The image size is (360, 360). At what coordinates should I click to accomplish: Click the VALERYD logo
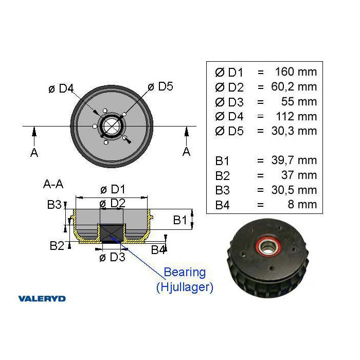tap(42, 298)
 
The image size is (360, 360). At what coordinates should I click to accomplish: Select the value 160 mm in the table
tap(296, 71)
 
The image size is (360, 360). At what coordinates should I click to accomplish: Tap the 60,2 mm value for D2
tap(294, 86)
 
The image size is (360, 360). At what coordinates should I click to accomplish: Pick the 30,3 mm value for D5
tap(294, 131)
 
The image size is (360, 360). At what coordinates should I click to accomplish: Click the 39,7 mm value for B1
tap(294, 160)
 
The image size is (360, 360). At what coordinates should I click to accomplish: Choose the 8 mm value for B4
tap(302, 204)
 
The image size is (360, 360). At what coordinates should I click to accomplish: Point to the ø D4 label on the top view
tap(61, 88)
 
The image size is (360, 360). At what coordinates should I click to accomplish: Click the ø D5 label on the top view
tap(160, 86)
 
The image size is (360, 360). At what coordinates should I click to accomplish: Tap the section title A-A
tap(53, 184)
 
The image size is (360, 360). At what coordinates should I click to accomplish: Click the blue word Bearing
tap(185, 272)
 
